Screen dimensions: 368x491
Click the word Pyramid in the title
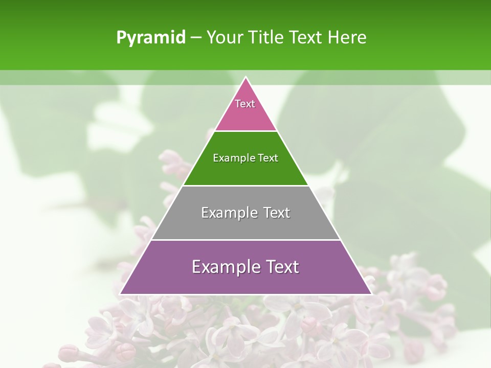(150, 38)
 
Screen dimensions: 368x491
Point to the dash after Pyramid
(195, 38)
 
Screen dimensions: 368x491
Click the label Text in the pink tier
(245, 104)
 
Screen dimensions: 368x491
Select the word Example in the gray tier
(229, 213)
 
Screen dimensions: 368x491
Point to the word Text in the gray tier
(277, 213)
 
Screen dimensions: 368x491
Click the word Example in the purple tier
(225, 267)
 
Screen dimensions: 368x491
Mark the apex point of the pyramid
(246, 78)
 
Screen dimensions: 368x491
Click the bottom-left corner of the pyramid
(121, 293)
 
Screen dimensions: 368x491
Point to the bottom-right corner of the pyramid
(371, 293)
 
